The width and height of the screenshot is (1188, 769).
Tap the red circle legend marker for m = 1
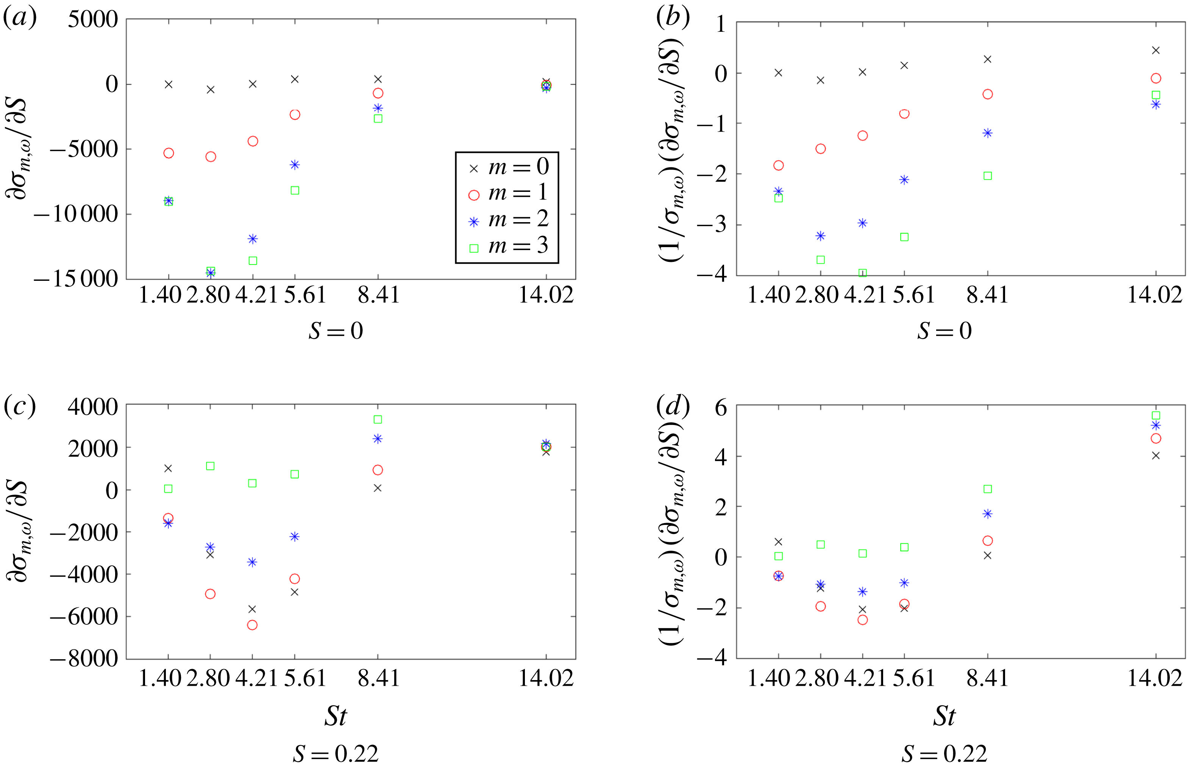(474, 195)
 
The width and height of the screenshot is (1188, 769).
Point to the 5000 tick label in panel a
(93, 20)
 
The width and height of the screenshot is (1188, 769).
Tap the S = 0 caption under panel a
(336, 331)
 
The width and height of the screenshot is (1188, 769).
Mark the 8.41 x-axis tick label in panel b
(987, 295)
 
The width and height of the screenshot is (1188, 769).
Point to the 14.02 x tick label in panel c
(546, 678)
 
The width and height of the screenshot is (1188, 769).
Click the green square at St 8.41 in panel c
(378, 419)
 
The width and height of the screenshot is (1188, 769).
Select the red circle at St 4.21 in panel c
(252, 625)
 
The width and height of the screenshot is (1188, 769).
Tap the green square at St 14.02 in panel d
(1155, 416)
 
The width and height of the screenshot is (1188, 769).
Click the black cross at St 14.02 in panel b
(1155, 50)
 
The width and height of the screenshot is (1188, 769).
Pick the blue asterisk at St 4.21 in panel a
(253, 239)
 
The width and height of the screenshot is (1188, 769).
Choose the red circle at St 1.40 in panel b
(778, 165)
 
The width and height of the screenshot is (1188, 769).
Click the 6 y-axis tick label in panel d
(721, 408)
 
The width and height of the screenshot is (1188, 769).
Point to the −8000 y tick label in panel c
(84, 659)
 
